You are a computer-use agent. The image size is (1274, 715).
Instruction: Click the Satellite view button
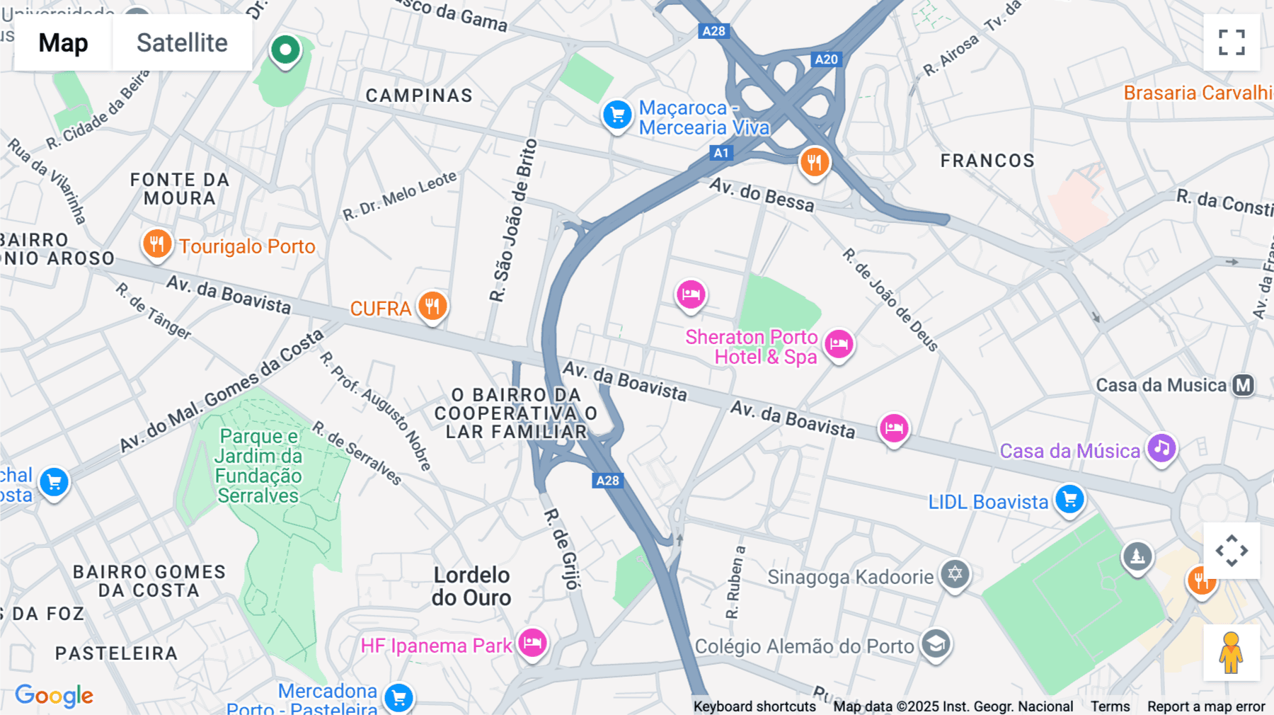182,42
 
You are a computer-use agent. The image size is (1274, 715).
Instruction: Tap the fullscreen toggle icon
1232,42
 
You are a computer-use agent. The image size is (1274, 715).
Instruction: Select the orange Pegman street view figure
1231,653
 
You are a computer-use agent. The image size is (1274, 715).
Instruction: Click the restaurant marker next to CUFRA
432,306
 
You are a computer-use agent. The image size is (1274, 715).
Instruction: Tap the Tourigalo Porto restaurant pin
156,244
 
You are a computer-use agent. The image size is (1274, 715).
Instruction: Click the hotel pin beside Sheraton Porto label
839,345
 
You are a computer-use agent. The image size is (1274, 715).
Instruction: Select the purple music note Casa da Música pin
1161,448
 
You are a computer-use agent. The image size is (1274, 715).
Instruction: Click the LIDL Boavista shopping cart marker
1069,499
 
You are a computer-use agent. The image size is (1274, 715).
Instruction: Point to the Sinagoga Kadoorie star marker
955,573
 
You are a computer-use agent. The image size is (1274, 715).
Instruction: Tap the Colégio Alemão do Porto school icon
936,644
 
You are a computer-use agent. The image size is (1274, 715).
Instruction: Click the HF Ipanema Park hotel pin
532,643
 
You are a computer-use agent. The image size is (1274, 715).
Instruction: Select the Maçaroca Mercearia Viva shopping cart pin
617,114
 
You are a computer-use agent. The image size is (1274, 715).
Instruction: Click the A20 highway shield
826,59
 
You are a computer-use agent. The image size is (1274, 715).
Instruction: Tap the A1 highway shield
721,152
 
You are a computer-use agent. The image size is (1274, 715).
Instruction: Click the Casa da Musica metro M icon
1244,385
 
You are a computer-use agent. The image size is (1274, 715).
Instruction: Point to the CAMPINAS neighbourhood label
419,96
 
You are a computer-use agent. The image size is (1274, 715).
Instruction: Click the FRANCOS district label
987,161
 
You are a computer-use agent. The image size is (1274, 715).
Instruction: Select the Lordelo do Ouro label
471,586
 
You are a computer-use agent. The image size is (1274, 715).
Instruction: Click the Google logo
54,695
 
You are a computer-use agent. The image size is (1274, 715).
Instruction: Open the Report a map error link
1205,707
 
